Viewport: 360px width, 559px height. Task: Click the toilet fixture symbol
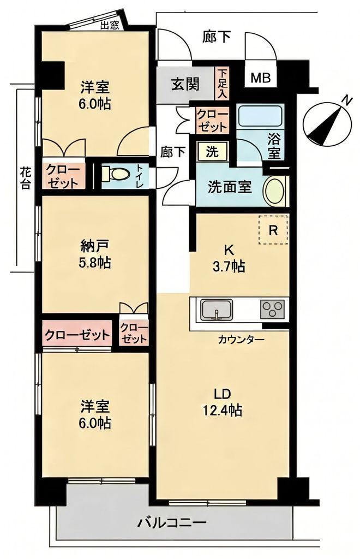tap(115, 175)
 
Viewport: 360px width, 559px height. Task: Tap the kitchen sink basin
tap(217, 310)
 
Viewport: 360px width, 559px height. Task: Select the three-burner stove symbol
tap(273, 309)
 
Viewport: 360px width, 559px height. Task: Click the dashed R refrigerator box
tap(273, 230)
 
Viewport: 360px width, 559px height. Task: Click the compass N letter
tap(346, 101)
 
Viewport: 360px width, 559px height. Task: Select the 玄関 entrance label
tap(185, 84)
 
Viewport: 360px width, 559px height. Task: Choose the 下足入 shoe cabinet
tap(222, 84)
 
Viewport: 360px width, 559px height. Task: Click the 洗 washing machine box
tap(212, 152)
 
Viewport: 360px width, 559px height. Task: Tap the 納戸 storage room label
tap(94, 246)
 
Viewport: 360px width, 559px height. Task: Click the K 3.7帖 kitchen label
tap(229, 258)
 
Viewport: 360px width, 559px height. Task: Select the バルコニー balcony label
tap(172, 524)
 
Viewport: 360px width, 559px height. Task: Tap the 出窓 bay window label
tap(109, 26)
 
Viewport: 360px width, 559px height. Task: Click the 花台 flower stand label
tap(25, 179)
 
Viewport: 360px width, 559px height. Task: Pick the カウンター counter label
tap(241, 339)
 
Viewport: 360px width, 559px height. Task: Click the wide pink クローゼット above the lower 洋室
tap(77, 335)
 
